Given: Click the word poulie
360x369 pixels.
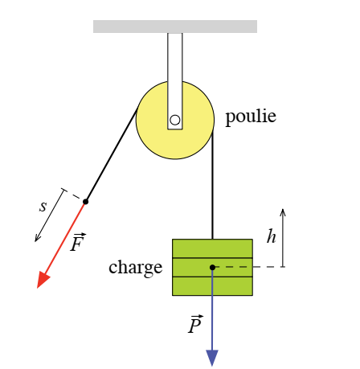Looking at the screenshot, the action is (x=251, y=117).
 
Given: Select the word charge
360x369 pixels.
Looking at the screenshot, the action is (x=136, y=268).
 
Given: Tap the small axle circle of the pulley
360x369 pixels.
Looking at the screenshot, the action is (x=175, y=120).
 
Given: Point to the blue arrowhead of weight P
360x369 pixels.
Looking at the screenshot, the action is (x=212, y=358).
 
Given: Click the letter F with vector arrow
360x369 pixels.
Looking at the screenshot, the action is (x=78, y=242).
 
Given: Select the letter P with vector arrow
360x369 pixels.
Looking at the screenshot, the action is (x=195, y=324).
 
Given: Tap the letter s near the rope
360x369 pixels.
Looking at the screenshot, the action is (x=43, y=207).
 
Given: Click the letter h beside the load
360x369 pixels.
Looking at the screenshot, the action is (x=272, y=236).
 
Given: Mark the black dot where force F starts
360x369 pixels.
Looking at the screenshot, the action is (x=85, y=202).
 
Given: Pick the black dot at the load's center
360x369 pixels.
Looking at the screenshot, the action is (x=212, y=267).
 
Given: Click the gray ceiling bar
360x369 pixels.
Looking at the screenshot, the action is (x=175, y=27).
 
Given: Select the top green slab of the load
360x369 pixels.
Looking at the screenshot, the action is (x=212, y=248).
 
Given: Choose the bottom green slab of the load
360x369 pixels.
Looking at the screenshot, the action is (x=212, y=286).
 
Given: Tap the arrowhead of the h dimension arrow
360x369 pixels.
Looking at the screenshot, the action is (x=283, y=211).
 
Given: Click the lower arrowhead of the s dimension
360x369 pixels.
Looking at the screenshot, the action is (x=37, y=239).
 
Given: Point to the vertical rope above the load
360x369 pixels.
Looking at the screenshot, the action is (x=212, y=185).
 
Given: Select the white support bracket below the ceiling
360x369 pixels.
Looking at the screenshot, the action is (x=175, y=81).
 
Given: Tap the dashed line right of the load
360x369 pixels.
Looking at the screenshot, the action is (x=250, y=267).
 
